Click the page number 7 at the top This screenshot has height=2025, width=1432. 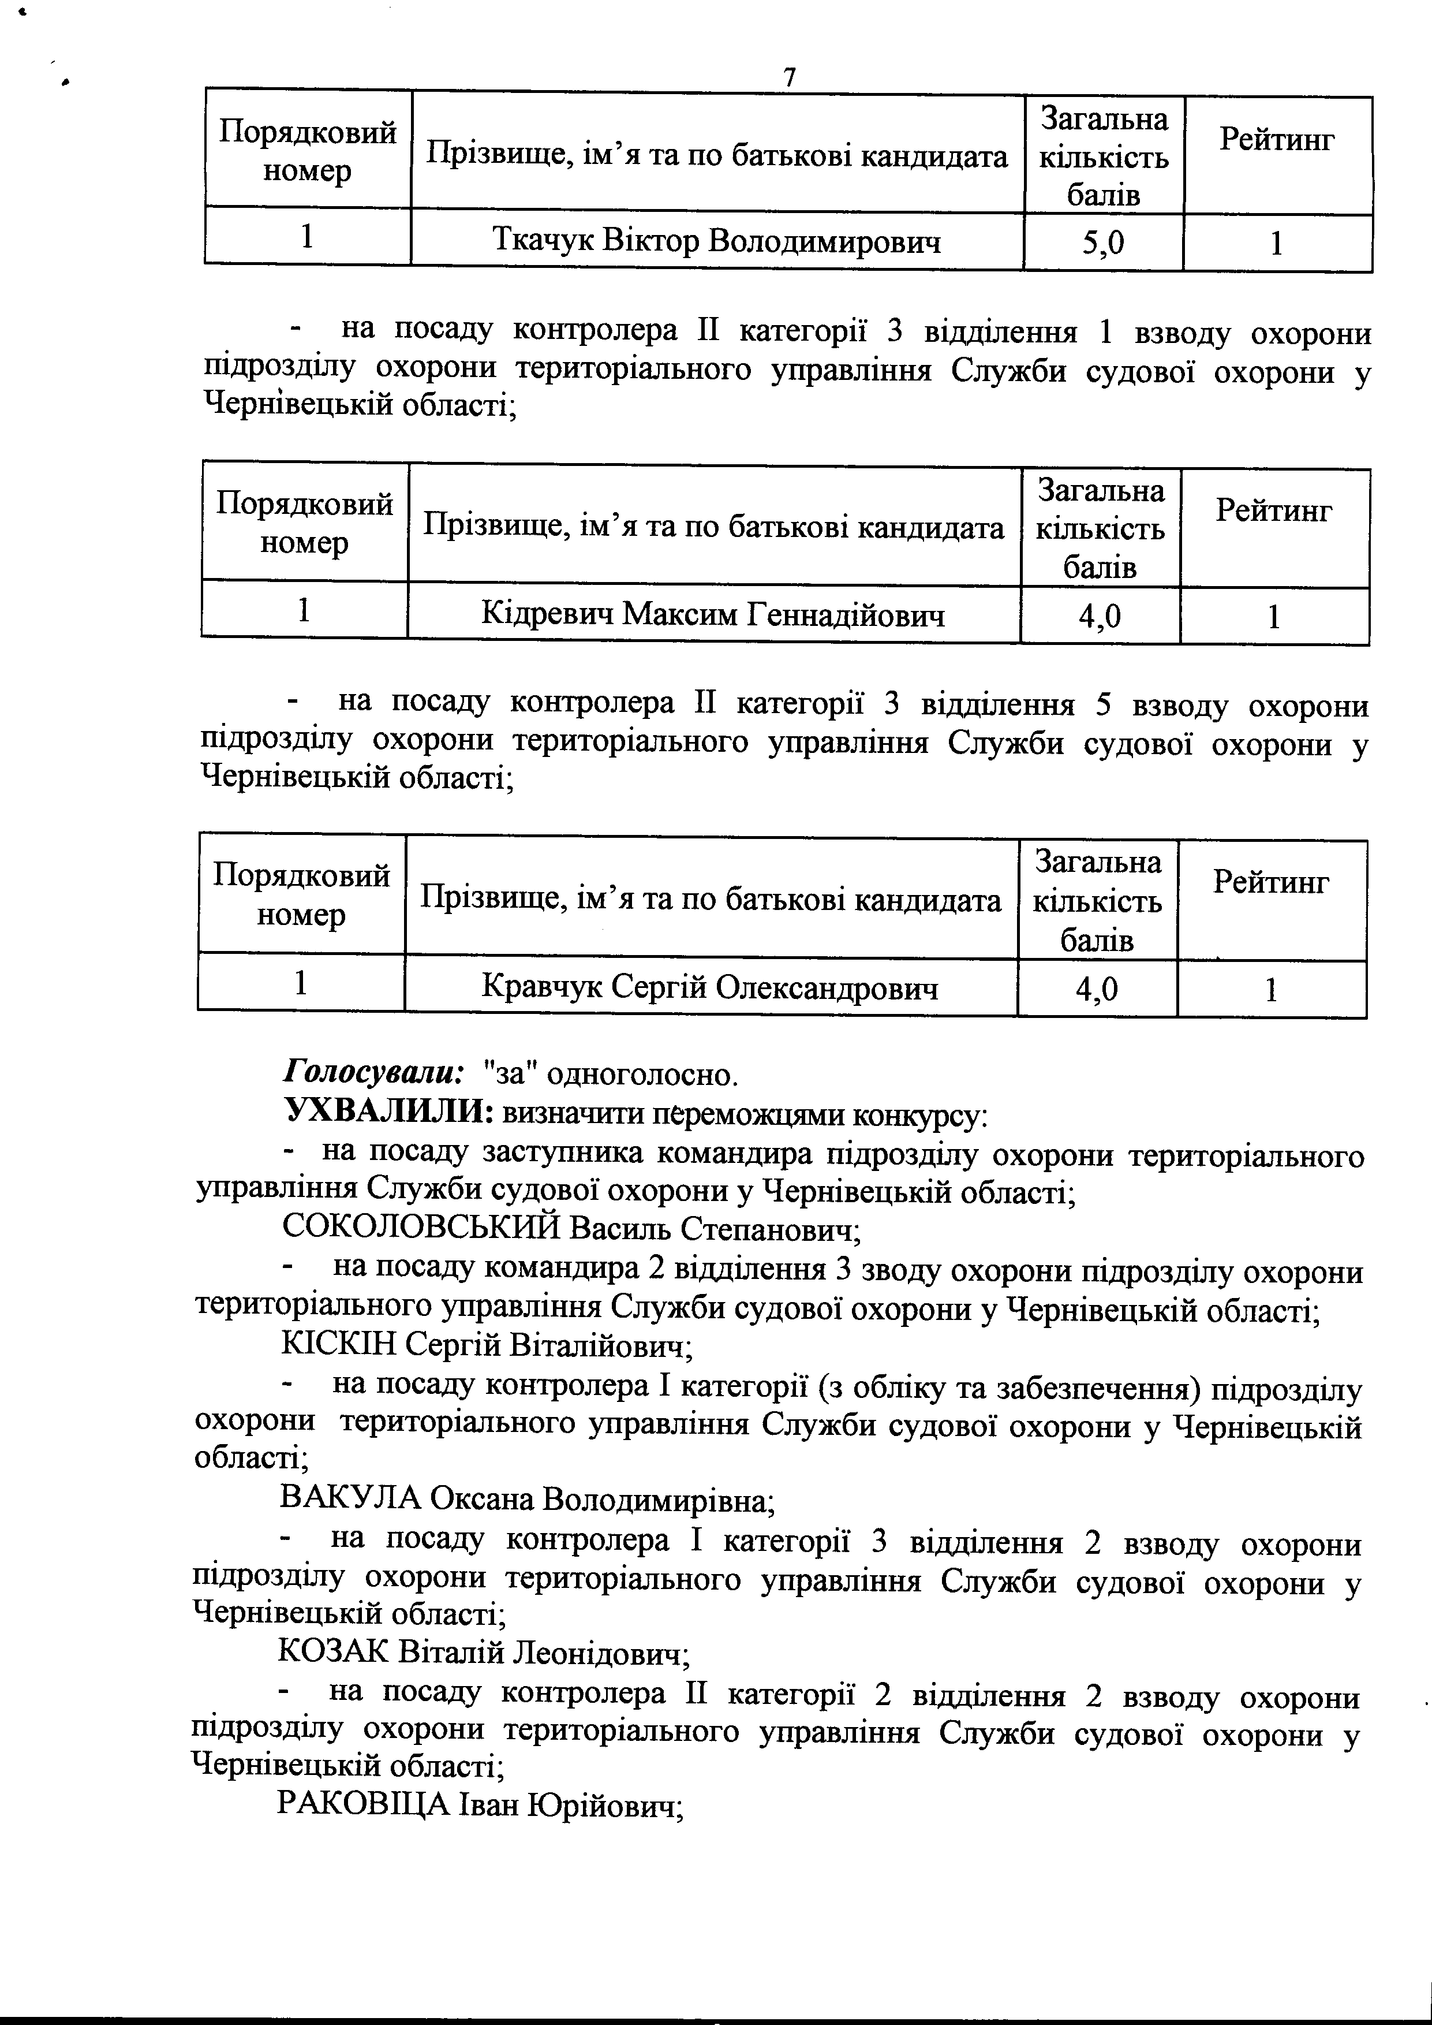pyautogui.click(x=789, y=77)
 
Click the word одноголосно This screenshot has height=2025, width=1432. pyautogui.click(x=641, y=1075)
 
